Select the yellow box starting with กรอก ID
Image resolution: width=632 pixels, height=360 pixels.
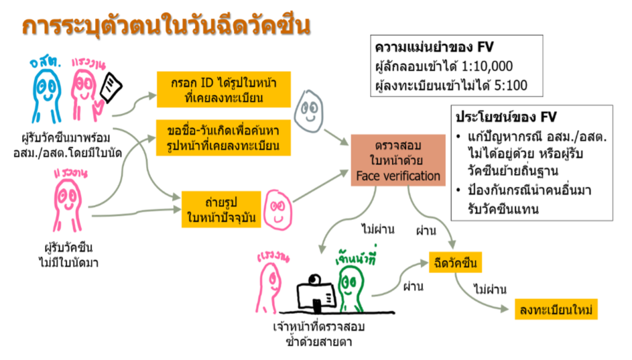tap(223, 90)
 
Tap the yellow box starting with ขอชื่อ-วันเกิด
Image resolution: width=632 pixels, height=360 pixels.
tap(223, 138)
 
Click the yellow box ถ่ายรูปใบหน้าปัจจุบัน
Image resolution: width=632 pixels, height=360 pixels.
tap(222, 209)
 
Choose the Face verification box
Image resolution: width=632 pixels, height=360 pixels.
tap(398, 161)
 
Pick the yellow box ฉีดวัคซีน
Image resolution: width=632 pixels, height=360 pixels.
tap(455, 263)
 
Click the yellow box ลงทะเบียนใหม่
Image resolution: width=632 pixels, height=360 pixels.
tap(556, 309)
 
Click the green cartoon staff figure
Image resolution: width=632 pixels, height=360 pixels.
tap(350, 288)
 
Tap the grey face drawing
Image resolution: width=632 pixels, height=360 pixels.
tap(309, 111)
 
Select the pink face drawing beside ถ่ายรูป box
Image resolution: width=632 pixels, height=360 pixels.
tap(278, 210)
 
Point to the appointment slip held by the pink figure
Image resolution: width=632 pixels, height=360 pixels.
tap(111, 87)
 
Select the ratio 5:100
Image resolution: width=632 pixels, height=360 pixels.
tap(510, 85)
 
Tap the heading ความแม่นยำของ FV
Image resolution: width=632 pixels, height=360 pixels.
tap(434, 47)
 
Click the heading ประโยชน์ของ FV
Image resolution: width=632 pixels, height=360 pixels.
tap(506, 117)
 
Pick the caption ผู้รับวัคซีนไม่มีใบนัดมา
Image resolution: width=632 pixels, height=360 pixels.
tap(68, 255)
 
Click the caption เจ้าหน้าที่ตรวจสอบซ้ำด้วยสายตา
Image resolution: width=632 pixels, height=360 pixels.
tap(318, 334)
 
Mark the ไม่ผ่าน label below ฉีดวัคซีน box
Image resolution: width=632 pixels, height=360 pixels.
tap(490, 289)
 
